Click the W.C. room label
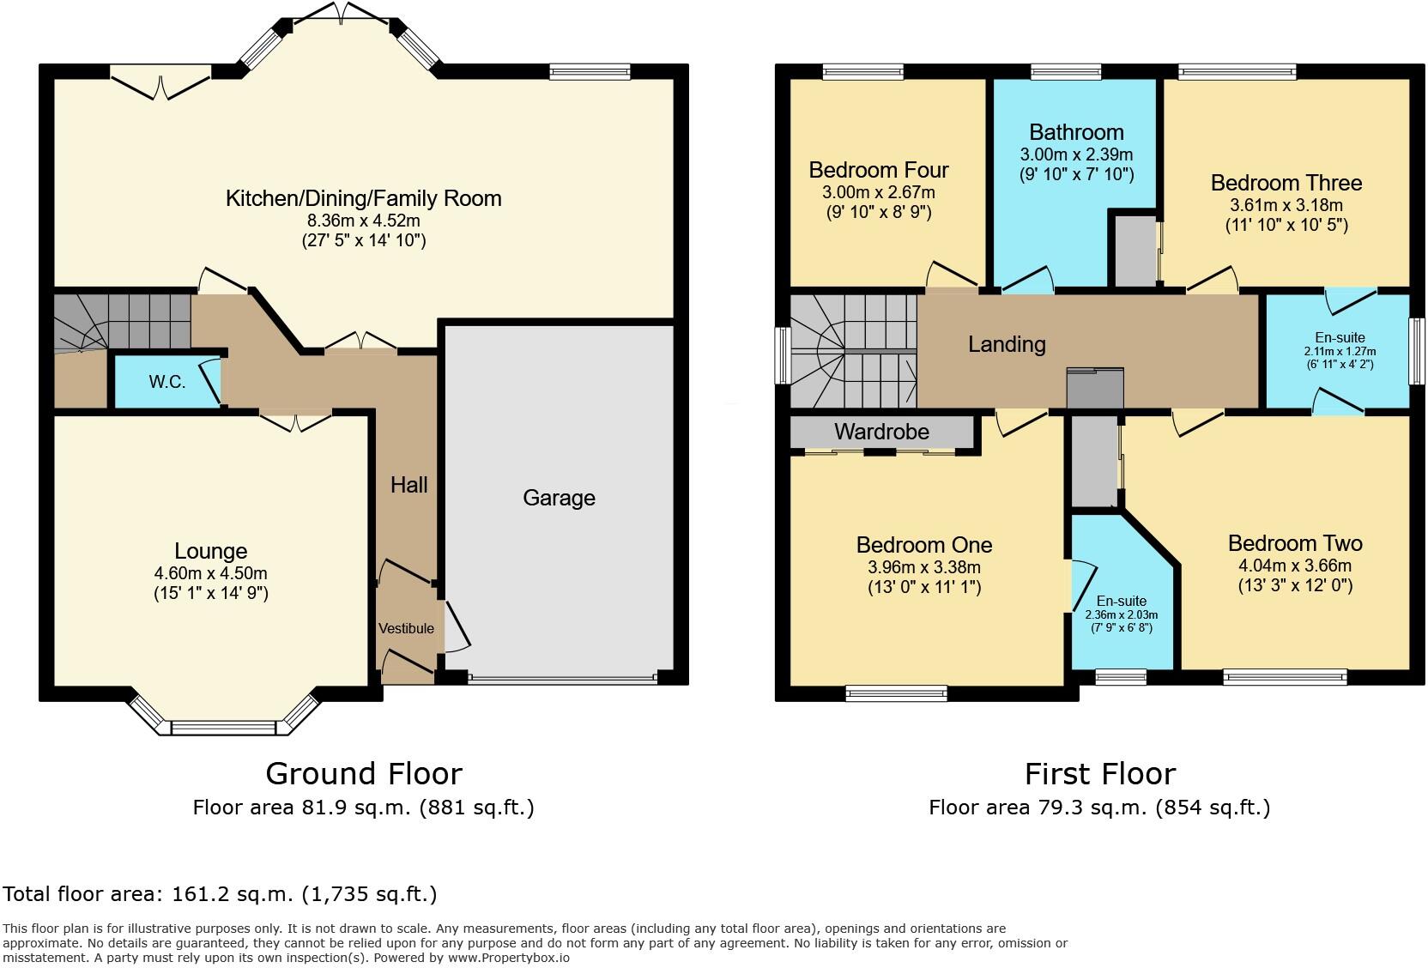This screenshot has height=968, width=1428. pos(166,382)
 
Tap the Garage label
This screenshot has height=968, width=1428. pos(559,498)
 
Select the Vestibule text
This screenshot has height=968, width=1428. pos(406,628)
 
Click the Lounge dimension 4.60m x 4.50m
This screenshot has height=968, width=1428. pos(210,573)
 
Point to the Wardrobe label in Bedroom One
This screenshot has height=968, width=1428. pos(881,432)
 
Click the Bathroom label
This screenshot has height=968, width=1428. pos(1076,132)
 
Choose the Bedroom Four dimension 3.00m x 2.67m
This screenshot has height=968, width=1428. pos(879,192)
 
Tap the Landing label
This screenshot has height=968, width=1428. pos(1007,344)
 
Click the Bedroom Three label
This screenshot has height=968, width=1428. pos(1286,183)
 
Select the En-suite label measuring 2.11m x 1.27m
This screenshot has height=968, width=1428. pos(1339,337)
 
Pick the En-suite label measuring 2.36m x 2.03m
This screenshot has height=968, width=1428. pos(1121,601)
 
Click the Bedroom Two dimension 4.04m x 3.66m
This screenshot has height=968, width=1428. pos(1295,566)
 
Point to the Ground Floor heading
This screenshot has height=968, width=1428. pos(364,773)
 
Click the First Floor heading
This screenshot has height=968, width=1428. pos(1099,773)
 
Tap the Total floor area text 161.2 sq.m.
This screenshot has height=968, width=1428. pos(220,894)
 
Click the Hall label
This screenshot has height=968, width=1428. pos(408,485)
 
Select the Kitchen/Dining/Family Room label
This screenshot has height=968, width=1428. pos(363,198)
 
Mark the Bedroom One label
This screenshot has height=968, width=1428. pos(923,545)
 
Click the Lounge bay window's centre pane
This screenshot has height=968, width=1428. pos(224,729)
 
